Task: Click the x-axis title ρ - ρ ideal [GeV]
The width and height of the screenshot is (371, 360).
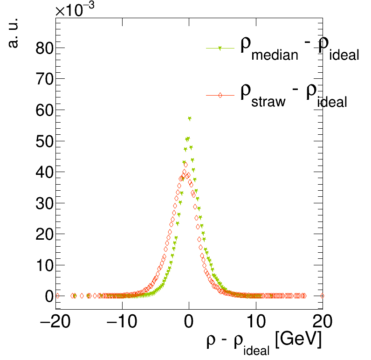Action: [x=264, y=343]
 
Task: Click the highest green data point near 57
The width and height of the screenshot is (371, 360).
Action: [x=190, y=118]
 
